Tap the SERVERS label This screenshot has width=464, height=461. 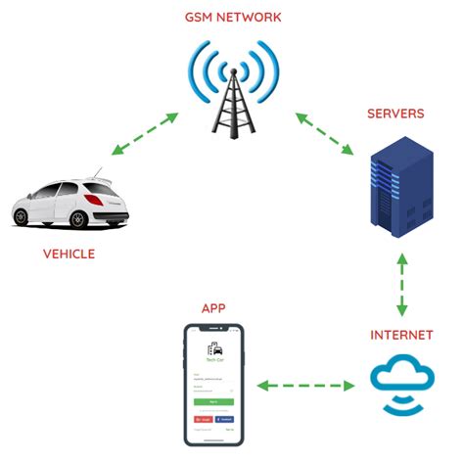[x=395, y=114]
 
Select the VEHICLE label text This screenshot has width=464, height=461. [x=69, y=254]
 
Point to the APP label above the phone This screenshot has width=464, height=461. [x=214, y=307]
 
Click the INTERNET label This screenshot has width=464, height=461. [x=401, y=336]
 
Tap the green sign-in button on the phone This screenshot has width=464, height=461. [x=212, y=401]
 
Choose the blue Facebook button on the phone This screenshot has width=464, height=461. [x=225, y=417]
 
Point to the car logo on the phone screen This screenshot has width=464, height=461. [x=212, y=348]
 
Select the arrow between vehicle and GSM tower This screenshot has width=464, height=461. [x=144, y=134]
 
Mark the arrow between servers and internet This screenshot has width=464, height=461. [x=400, y=284]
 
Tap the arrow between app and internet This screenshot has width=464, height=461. [x=305, y=386]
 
